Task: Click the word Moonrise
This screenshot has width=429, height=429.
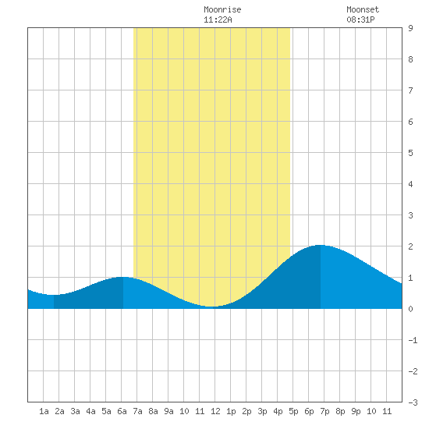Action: click(222, 9)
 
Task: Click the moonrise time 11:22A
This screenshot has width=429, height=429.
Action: click(218, 19)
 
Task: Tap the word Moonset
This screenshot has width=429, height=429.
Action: click(363, 9)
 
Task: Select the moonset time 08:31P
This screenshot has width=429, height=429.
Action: click(360, 19)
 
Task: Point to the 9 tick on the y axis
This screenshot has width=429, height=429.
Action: click(410, 28)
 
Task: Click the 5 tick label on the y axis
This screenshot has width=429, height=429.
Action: click(410, 153)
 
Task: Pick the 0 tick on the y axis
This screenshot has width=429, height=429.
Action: click(410, 309)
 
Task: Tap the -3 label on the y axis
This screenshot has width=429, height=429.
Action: click(413, 402)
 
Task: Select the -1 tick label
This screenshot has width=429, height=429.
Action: click(413, 340)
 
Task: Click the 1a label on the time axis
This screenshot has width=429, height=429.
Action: click(44, 411)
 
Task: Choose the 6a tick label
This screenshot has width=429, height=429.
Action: click(122, 411)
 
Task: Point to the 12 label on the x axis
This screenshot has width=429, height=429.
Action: click(215, 411)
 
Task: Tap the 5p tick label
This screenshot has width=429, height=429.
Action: click(293, 411)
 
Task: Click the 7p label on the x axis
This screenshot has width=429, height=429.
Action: click(324, 411)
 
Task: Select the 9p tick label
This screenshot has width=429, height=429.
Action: click(356, 411)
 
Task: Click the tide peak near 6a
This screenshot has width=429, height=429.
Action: click(123, 277)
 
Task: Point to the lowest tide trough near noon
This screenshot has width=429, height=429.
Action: click(210, 307)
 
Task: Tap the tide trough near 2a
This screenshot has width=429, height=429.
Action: click(53, 295)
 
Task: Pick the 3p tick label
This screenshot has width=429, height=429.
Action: click(262, 411)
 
